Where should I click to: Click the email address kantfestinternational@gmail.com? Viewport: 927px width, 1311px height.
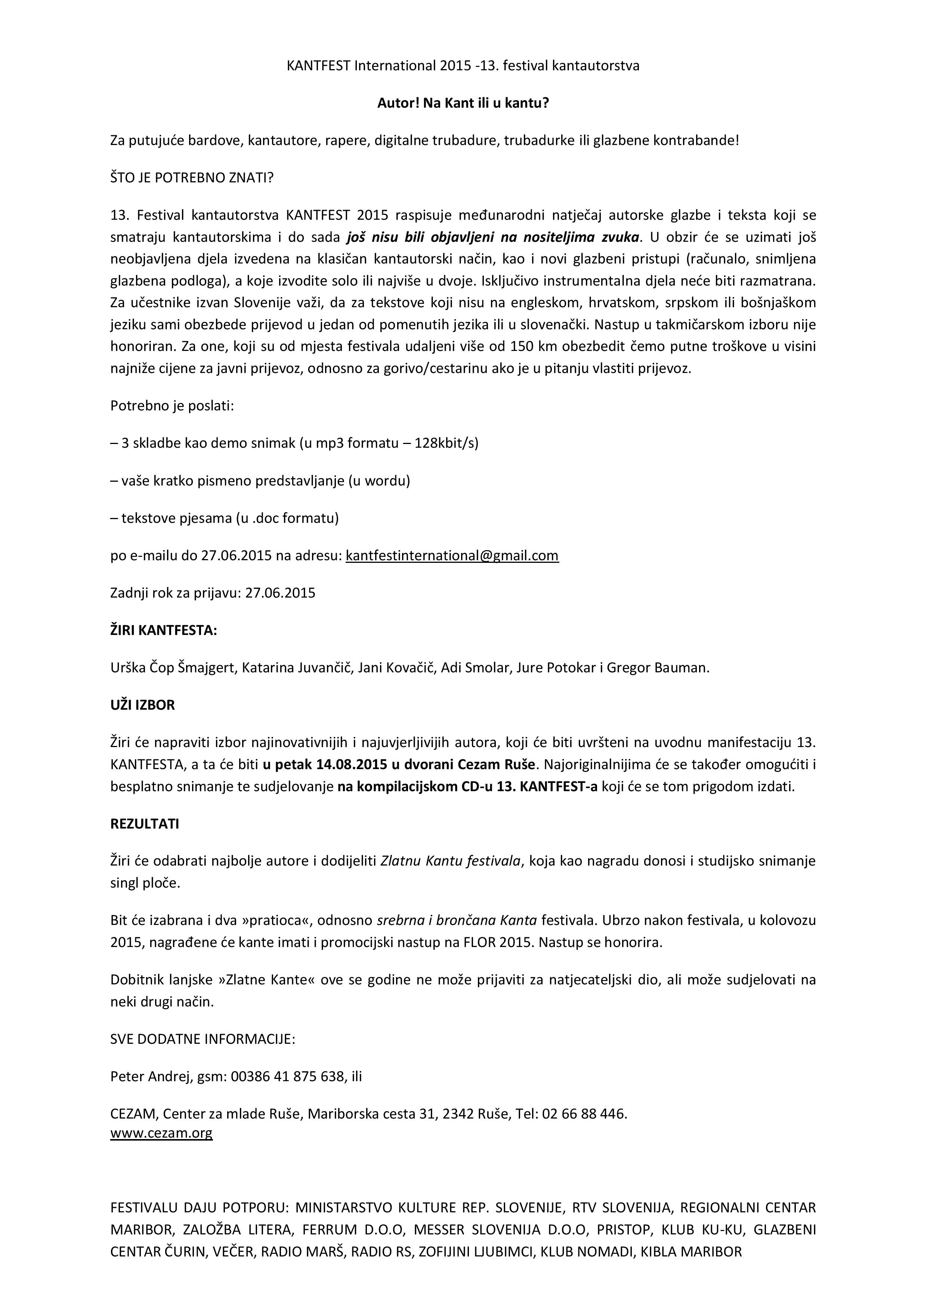(452, 556)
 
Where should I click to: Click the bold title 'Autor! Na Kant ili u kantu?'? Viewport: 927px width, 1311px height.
(463, 103)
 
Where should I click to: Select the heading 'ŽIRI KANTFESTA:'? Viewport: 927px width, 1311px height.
(164, 630)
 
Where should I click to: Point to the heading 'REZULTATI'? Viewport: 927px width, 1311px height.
(145, 824)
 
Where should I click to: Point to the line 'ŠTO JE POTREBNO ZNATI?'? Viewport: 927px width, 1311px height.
(192, 178)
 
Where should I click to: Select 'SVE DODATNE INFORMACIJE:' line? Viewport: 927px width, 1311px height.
(203, 1039)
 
